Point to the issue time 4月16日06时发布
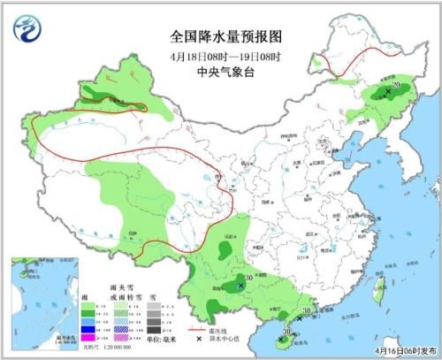394,351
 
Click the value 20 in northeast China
397,85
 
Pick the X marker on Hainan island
282,339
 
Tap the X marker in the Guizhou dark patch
241,285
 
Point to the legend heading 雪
153,298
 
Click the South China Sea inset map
39,301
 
